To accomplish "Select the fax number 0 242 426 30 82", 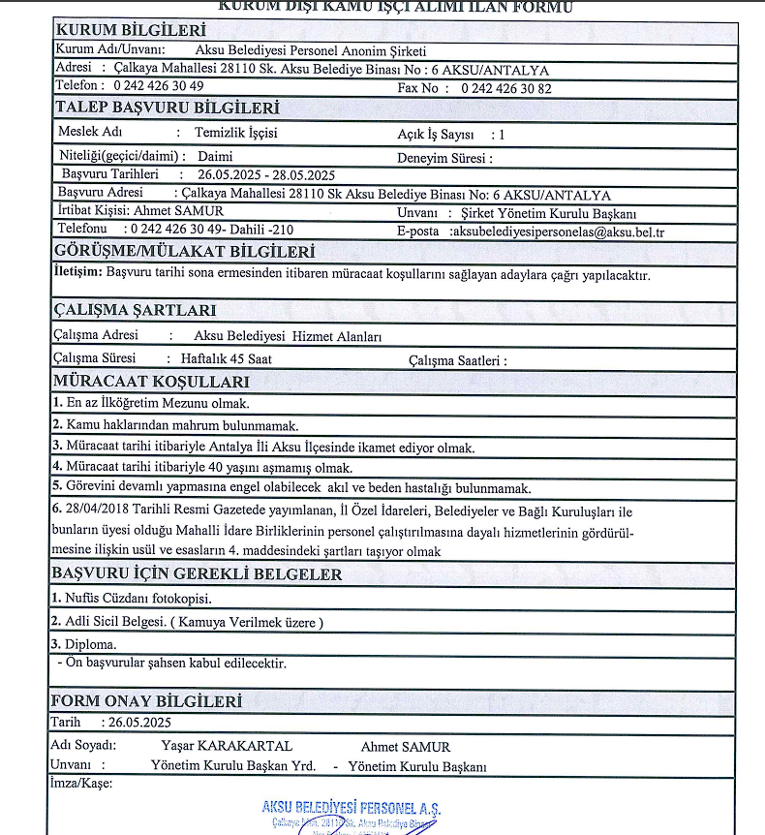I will tap(506, 88).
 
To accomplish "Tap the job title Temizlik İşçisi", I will tap(236, 133).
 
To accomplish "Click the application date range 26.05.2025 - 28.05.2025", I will tap(266, 175).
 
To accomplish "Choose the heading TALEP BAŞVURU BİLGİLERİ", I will tap(168, 108).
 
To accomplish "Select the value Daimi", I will tap(214, 155).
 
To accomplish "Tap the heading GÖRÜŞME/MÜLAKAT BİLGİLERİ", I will tap(185, 252).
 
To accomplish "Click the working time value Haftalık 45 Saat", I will tap(227, 359).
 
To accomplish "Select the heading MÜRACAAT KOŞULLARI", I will tap(151, 381).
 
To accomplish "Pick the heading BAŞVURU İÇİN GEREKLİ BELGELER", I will tap(197, 574).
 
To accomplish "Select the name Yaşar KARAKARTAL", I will tap(227, 746).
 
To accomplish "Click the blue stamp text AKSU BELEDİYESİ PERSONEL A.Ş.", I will tap(351, 808).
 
